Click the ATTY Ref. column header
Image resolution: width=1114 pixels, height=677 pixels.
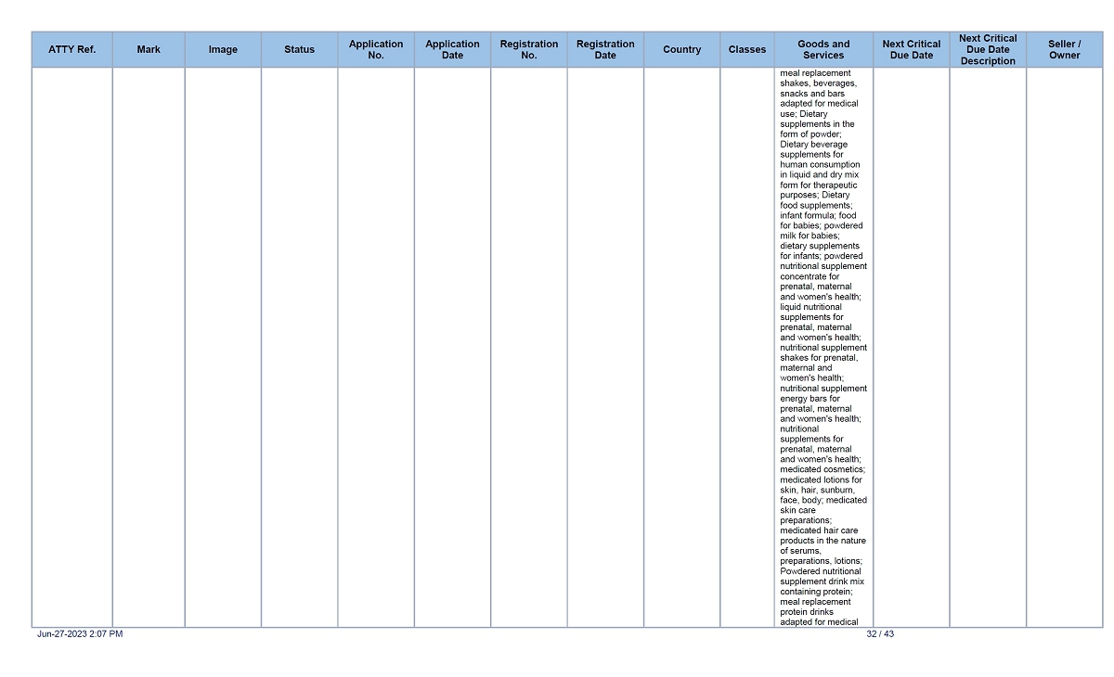coord(72,50)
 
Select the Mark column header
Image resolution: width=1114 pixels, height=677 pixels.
coord(149,50)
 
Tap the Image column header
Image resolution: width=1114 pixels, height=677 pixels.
coord(223,50)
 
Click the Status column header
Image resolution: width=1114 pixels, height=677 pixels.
coord(299,50)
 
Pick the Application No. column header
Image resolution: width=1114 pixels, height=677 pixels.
coord(376,50)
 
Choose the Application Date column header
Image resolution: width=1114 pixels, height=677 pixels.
coord(452,50)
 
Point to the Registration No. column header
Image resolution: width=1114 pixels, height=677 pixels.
coord(529,50)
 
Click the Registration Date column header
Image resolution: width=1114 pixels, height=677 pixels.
coord(605,50)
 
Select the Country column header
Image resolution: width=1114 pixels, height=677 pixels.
coord(681,50)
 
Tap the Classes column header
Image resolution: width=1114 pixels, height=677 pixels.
coord(747,50)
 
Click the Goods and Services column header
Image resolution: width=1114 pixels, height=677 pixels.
coord(823,50)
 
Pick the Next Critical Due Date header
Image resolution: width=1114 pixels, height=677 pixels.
coord(912,50)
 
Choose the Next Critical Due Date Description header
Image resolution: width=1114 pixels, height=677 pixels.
coord(988,50)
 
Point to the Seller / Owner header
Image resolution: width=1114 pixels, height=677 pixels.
coord(1065,50)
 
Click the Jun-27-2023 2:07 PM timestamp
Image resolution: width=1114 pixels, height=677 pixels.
coord(80,634)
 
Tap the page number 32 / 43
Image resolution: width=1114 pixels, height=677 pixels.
coord(880,634)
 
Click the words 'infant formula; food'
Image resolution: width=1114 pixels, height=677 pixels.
coord(818,216)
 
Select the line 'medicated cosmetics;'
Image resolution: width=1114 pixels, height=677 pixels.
coord(823,470)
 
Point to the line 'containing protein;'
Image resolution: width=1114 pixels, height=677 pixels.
coord(816,592)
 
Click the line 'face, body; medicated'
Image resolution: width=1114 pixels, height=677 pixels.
coord(823,501)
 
